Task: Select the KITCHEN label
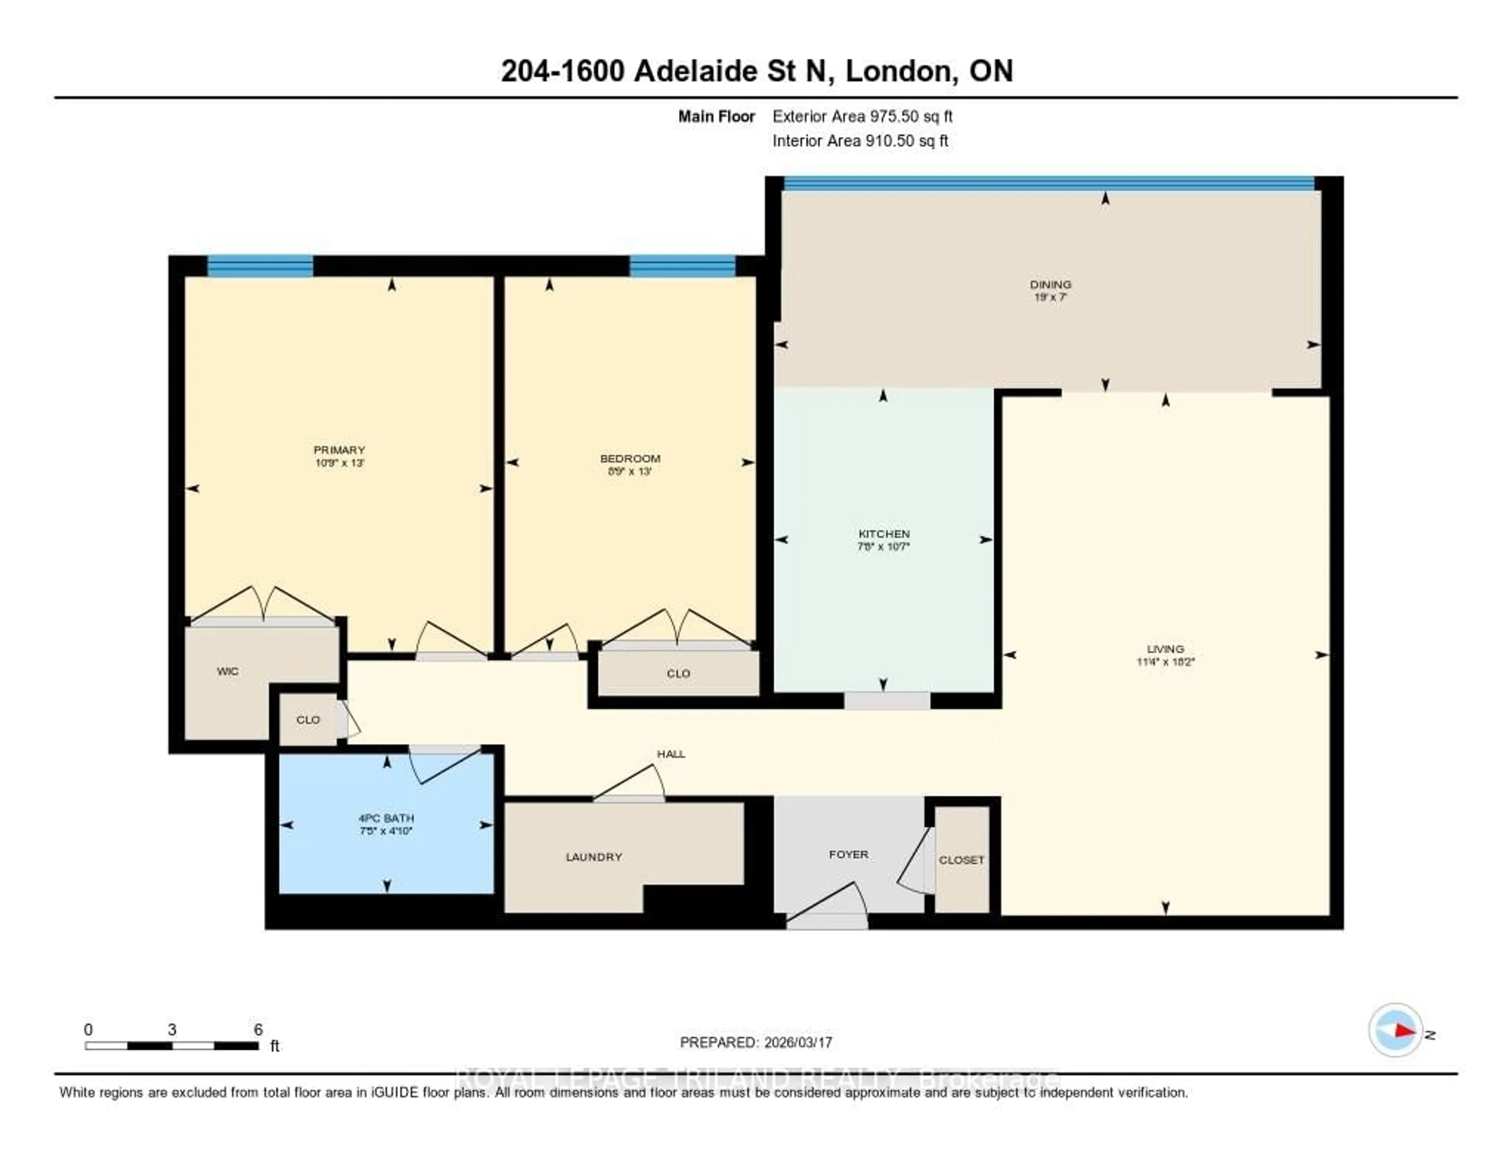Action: (x=884, y=534)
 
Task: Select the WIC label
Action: (x=228, y=671)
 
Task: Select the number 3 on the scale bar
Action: (x=172, y=1029)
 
